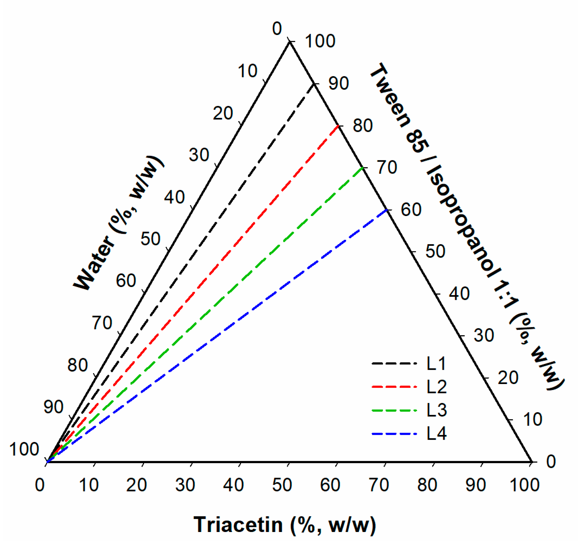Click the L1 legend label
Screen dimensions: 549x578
436,364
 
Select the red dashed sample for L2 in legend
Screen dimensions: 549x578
394,387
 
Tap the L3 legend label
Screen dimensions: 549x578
436,410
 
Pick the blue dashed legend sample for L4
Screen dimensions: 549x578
394,433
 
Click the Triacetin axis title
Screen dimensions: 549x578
285,525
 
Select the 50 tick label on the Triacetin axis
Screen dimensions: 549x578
282,485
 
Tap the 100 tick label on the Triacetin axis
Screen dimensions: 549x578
525,485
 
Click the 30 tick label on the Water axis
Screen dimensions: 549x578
199,155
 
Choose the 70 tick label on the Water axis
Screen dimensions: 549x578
102,323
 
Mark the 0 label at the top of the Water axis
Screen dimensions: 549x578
277,29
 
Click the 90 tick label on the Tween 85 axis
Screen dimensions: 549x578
338,83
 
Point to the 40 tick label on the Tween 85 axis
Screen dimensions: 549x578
459,293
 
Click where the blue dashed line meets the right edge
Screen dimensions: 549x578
387,210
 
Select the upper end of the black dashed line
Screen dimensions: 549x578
314,84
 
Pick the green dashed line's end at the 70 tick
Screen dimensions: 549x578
363,168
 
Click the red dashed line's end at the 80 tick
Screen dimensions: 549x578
338,126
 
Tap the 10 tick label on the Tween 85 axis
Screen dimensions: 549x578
532,419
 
